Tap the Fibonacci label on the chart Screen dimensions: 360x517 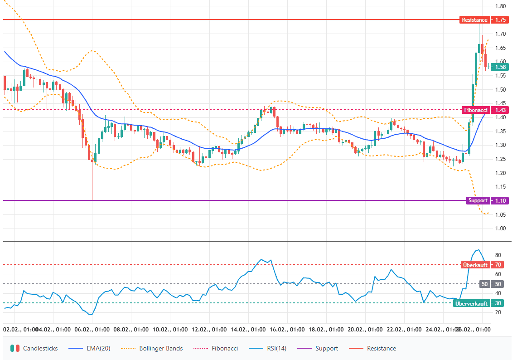click(478, 110)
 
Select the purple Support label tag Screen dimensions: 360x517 click(478, 200)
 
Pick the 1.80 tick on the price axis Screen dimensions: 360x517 click(501, 6)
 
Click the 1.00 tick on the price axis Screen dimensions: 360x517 click(501, 229)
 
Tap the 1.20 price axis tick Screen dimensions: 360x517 click(501, 173)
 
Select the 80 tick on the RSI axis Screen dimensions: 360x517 click(498, 255)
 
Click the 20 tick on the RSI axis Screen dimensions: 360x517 click(498, 312)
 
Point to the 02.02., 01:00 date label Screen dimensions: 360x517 click(18, 329)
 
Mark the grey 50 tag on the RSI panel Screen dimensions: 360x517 click(485, 284)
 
